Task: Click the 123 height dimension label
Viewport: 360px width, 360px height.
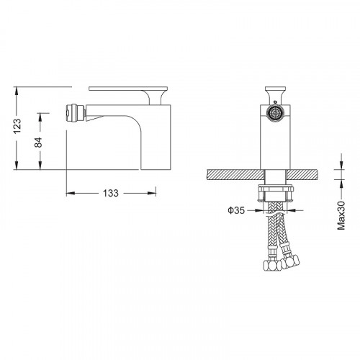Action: click(x=17, y=126)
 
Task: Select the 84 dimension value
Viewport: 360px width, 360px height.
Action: click(x=38, y=143)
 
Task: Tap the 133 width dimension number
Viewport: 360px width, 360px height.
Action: click(x=111, y=193)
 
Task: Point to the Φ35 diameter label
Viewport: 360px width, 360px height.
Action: click(x=236, y=210)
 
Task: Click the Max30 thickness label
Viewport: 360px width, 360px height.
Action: click(x=341, y=215)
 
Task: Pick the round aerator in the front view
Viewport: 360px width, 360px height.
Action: click(x=275, y=113)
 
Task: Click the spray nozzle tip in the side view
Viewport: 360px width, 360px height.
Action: click(x=75, y=112)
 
